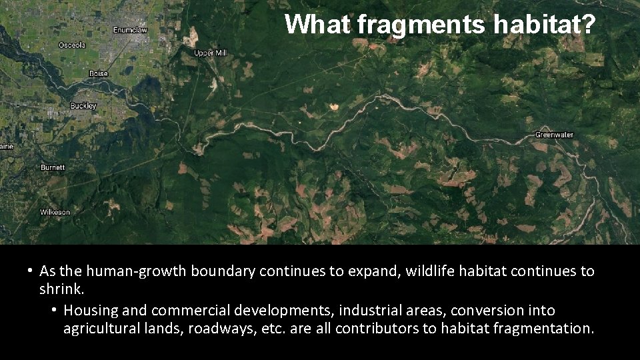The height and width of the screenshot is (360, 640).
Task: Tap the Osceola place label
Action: pyautogui.click(x=72, y=45)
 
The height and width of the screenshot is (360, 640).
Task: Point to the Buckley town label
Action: pyautogui.click(x=83, y=106)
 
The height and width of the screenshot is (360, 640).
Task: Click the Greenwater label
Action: pyautogui.click(x=554, y=135)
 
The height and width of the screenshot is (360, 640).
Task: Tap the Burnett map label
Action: pyautogui.click(x=53, y=167)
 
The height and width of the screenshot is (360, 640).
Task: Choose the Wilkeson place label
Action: pyautogui.click(x=55, y=212)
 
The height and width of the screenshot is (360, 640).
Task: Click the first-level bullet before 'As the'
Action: pyautogui.click(x=30, y=271)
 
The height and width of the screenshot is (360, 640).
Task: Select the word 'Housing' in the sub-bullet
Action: pyautogui.click(x=91, y=311)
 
